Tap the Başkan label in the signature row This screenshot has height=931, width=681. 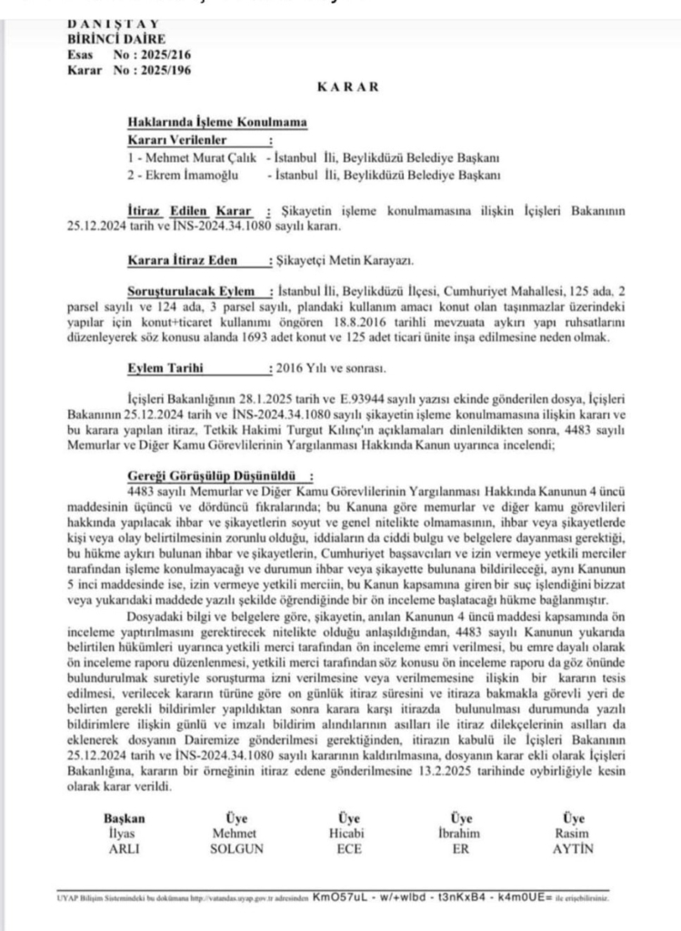tap(124, 817)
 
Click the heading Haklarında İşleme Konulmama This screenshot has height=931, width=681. tap(216, 124)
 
